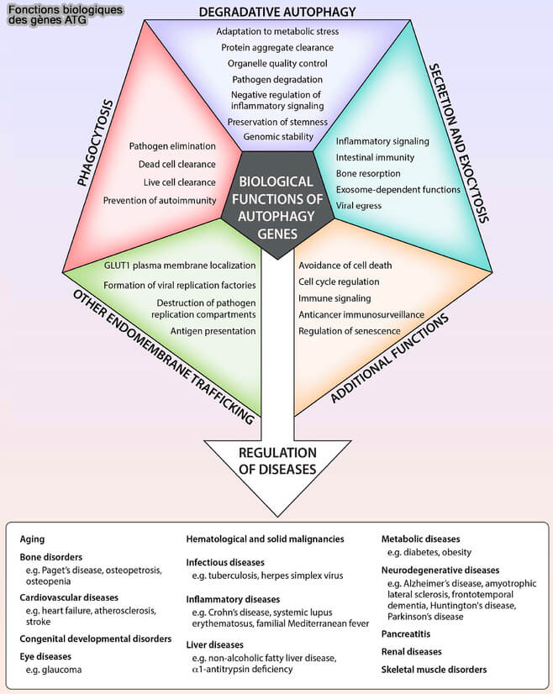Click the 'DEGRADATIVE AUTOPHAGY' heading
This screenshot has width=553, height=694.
[277, 11]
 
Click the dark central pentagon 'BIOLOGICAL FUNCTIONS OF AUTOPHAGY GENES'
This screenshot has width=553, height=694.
[276, 198]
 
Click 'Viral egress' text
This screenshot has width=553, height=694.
[359, 205]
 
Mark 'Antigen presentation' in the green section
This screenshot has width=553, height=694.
[213, 331]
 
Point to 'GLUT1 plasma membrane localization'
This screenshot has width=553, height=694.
[179, 265]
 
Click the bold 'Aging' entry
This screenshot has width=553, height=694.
[33, 539]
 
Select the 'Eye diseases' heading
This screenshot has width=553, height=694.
[45, 656]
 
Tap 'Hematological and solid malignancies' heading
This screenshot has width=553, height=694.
[265, 539]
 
